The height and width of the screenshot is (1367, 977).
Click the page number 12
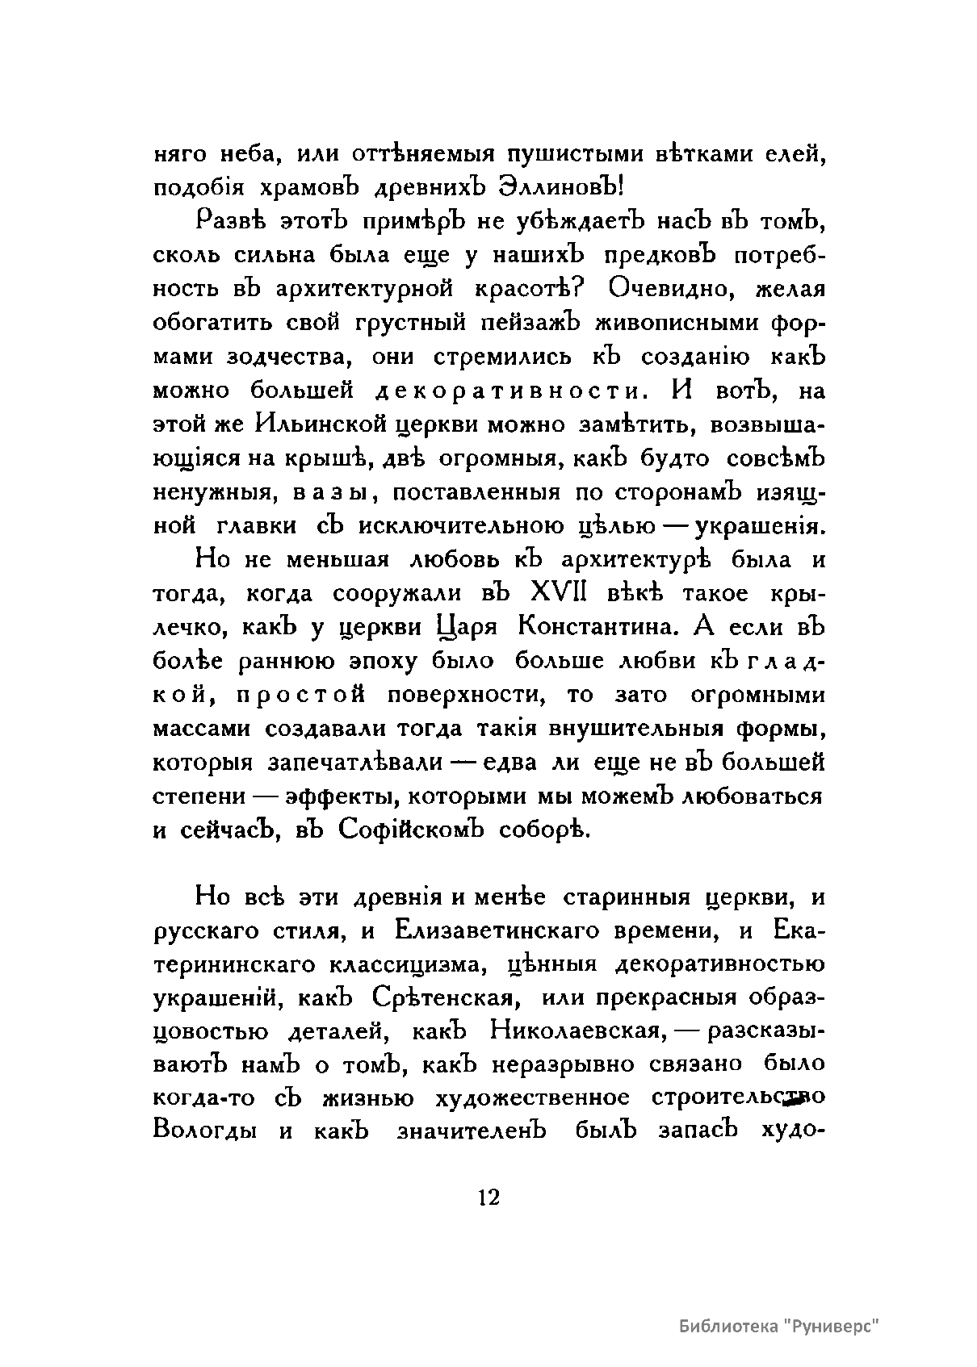[488, 1197]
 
